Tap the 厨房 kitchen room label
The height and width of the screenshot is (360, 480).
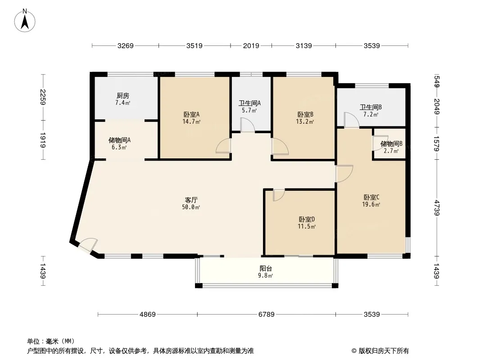[x=122, y=96]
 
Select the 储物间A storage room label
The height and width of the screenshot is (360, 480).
[x=119, y=140]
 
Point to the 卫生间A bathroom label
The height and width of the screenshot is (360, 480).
[x=249, y=103]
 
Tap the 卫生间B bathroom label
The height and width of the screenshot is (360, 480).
[x=371, y=108]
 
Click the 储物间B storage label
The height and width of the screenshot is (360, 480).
[x=391, y=144]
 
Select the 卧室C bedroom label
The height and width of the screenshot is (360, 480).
[x=371, y=197]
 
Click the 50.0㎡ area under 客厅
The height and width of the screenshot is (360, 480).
[x=191, y=207]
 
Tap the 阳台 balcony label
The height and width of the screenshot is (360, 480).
[x=266, y=268]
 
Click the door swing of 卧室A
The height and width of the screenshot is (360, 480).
[x=224, y=146]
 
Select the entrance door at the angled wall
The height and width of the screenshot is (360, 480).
[x=87, y=245]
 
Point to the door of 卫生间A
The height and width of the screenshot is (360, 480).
[x=247, y=125]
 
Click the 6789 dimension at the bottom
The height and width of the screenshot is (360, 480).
[x=266, y=315]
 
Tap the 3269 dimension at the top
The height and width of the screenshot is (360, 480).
[x=125, y=45]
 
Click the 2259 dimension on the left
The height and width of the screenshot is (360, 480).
[x=43, y=97]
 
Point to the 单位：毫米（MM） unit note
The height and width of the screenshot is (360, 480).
[x=51, y=341]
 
